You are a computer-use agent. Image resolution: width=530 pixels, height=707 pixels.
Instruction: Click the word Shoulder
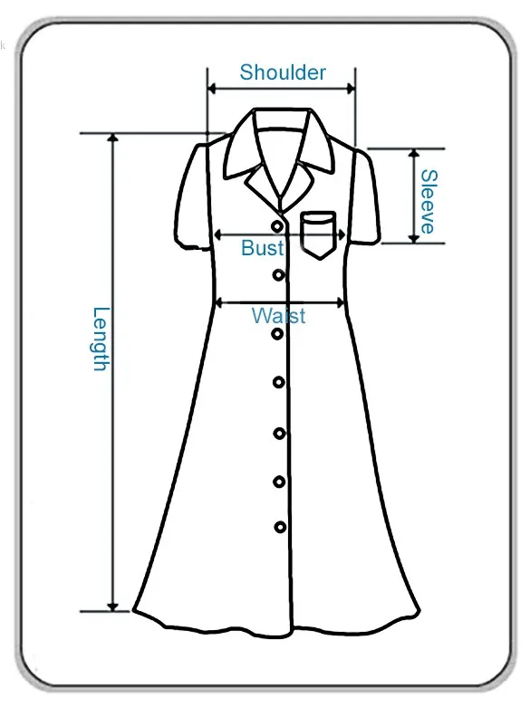(x=283, y=72)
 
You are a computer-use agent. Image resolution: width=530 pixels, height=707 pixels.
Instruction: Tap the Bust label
(x=263, y=247)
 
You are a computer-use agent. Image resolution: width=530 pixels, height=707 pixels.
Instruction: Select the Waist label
(x=278, y=315)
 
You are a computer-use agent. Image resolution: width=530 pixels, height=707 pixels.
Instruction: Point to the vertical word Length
(x=101, y=339)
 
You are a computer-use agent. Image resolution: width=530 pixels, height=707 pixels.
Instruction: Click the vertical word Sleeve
(x=429, y=202)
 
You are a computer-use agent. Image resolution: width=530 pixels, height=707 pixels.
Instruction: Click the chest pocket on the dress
(x=319, y=235)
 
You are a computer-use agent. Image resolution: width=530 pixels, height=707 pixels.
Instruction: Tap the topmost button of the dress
(x=277, y=226)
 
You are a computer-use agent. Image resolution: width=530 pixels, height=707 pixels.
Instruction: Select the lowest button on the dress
(x=280, y=527)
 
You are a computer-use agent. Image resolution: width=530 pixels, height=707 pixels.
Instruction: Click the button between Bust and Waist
(x=278, y=274)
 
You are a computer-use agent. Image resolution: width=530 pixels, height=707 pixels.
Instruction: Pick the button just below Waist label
(x=277, y=334)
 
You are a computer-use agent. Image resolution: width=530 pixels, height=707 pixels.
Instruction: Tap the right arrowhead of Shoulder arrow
(x=351, y=89)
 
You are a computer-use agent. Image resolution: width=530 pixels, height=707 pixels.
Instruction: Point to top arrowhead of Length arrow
(x=113, y=138)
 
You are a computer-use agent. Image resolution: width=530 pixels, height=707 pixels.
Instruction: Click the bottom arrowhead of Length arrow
(x=113, y=607)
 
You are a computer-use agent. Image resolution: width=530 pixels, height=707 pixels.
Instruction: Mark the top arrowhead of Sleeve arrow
(x=414, y=153)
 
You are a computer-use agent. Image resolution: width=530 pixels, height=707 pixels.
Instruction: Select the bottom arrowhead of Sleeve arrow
(x=414, y=238)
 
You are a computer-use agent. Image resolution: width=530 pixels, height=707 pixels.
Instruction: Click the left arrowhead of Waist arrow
(x=218, y=303)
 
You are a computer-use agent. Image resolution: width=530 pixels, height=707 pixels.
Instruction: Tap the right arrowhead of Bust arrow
(x=342, y=234)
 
